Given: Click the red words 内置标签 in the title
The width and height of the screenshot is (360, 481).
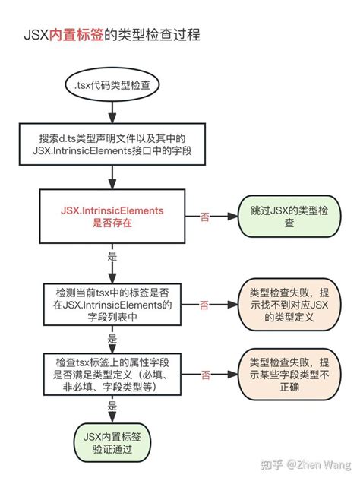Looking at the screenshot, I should (x=77, y=35).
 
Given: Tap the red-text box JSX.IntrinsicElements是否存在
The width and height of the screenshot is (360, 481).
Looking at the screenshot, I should (x=112, y=217).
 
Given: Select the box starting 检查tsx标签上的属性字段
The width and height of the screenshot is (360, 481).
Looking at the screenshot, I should (x=112, y=375).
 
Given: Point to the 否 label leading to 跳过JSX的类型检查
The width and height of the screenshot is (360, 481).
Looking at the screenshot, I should (x=204, y=217).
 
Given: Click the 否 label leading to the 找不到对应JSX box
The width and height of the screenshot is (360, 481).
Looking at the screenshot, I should (x=204, y=305).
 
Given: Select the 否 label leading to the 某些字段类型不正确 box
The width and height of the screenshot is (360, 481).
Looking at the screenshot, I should (x=204, y=375).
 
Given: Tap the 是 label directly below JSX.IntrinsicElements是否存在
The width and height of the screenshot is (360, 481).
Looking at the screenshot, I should (x=112, y=257).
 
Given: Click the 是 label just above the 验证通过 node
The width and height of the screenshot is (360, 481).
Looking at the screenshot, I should (x=112, y=407).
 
